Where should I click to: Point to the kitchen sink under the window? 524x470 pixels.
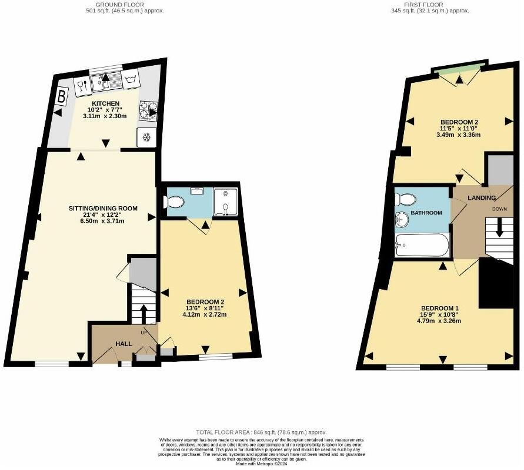(106, 82)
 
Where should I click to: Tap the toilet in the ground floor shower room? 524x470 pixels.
(175, 203)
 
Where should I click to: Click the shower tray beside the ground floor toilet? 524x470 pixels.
(226, 202)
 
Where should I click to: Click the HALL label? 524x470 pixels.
(124, 344)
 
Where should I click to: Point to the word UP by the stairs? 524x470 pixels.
(143, 333)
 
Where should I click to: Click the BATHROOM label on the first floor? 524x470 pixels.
(426, 213)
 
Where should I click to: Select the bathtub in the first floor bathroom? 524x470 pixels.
(422, 244)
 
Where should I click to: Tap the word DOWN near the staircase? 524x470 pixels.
(499, 209)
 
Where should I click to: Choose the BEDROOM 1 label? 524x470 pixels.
(440, 308)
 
